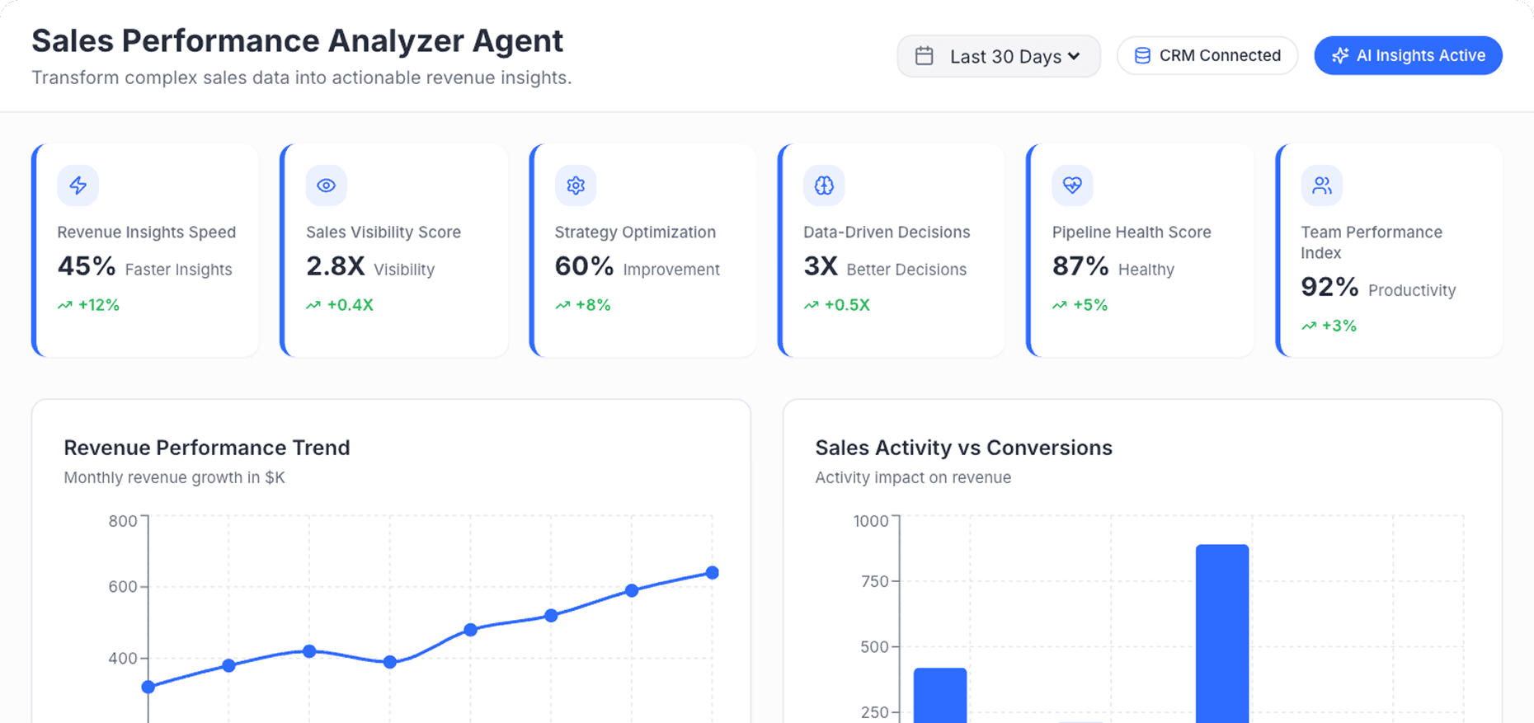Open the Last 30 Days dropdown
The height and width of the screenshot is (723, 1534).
(x=998, y=56)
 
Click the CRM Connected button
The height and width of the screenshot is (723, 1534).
(x=1207, y=55)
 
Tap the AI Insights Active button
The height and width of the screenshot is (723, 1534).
(x=1408, y=55)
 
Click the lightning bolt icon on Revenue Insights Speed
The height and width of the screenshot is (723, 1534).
(x=78, y=185)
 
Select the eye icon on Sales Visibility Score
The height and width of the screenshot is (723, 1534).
(x=327, y=185)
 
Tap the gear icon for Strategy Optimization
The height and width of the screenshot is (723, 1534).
(x=576, y=185)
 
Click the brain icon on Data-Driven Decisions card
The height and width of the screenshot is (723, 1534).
(x=824, y=185)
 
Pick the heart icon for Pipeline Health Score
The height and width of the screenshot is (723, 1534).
(x=1072, y=185)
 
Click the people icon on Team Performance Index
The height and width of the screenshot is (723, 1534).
(x=1321, y=185)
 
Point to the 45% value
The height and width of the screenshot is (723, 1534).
(x=87, y=266)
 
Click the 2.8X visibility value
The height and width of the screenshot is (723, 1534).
(x=335, y=266)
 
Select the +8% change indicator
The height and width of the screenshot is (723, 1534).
(x=592, y=305)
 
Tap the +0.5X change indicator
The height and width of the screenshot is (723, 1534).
(x=846, y=305)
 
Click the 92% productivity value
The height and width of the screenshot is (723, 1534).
(x=1329, y=287)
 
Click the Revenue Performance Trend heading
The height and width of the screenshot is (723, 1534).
(x=207, y=448)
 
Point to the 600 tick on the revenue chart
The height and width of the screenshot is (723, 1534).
(x=123, y=587)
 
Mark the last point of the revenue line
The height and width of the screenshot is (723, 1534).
(x=713, y=573)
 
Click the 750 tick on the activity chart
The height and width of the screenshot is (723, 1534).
(x=874, y=581)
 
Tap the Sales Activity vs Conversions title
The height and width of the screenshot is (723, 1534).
(x=963, y=448)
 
